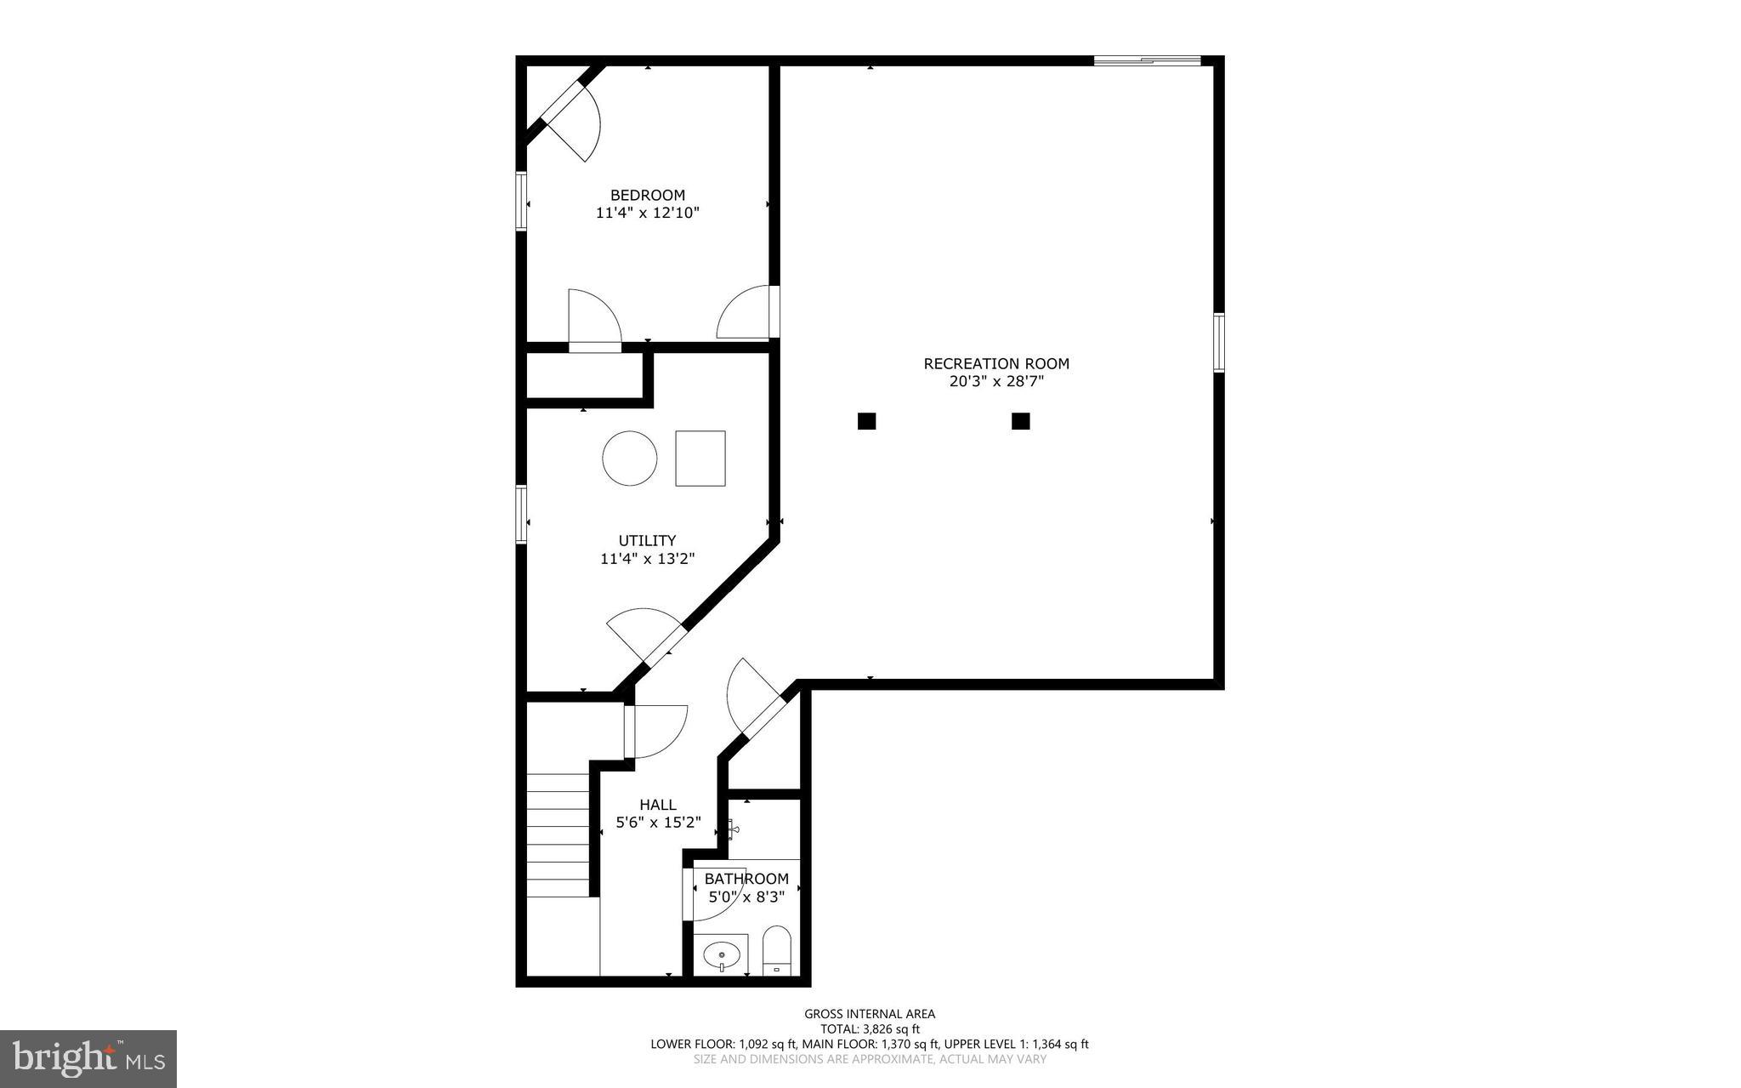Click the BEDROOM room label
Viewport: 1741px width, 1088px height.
click(647, 195)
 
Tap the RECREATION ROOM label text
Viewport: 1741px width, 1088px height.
click(996, 363)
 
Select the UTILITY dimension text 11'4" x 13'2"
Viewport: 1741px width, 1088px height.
click(647, 559)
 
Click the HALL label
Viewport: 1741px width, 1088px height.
click(657, 805)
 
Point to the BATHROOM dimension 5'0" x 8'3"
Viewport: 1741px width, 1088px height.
click(746, 897)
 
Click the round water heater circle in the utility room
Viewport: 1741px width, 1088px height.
click(629, 458)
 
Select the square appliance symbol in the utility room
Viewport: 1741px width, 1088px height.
click(700, 458)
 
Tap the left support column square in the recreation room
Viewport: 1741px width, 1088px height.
click(866, 421)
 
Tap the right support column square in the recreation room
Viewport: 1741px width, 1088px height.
click(1020, 421)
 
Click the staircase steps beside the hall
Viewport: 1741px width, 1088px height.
click(558, 834)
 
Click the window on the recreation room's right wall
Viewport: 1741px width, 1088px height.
click(1218, 342)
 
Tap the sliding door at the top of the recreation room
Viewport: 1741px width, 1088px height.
click(1146, 60)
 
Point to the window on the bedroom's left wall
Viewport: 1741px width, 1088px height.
click(521, 201)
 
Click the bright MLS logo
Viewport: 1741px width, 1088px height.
click(88, 1058)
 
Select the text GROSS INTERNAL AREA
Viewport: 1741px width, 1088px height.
click(870, 1013)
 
